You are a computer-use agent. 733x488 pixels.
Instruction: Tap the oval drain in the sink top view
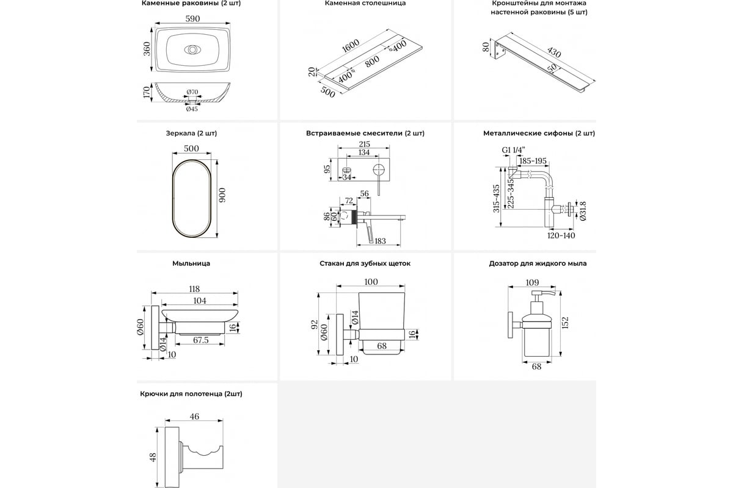(x=192, y=50)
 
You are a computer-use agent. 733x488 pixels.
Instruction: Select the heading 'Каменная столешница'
(x=365, y=3)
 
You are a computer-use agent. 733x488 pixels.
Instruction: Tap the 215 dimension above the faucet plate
(x=364, y=145)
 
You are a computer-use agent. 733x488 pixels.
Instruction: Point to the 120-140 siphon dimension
(x=561, y=235)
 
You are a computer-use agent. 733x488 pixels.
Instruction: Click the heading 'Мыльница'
(x=191, y=264)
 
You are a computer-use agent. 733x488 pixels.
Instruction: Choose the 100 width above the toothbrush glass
(x=371, y=282)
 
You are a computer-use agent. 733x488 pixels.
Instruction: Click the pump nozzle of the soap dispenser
(x=549, y=293)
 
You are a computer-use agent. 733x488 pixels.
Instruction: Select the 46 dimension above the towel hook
(x=194, y=417)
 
